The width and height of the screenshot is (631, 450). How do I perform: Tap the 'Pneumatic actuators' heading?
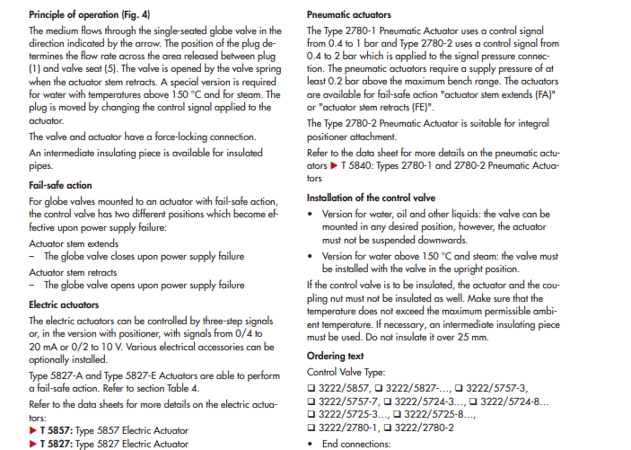click(x=348, y=15)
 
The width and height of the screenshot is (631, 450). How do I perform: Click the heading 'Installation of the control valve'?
click(x=371, y=197)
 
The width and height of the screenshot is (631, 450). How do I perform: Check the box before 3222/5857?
click(x=311, y=386)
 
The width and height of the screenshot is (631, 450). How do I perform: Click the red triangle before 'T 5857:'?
click(x=33, y=430)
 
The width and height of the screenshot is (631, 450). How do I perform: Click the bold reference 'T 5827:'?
click(x=56, y=443)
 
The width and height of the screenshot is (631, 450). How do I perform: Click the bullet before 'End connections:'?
click(x=311, y=443)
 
